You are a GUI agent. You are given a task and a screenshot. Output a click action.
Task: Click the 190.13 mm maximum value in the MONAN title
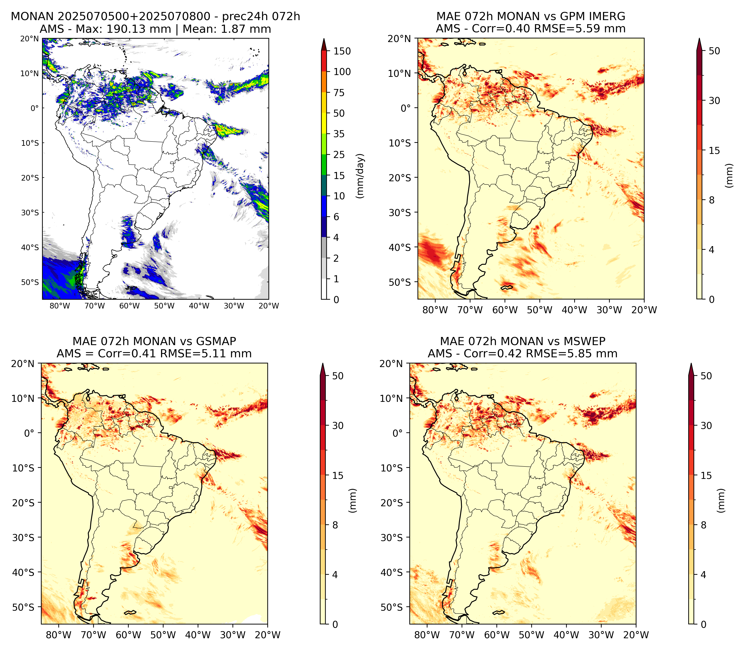pos(138,29)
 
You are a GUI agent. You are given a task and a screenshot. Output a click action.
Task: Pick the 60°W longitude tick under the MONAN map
pos(130,306)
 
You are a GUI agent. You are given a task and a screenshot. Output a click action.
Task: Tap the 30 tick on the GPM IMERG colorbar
pos(714,101)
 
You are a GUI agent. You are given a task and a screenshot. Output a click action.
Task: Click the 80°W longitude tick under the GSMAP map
pos(59,635)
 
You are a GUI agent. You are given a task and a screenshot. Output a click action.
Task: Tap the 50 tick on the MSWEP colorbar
pos(706,376)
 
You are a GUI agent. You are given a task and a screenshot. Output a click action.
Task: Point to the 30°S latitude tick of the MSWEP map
pos(392,537)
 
